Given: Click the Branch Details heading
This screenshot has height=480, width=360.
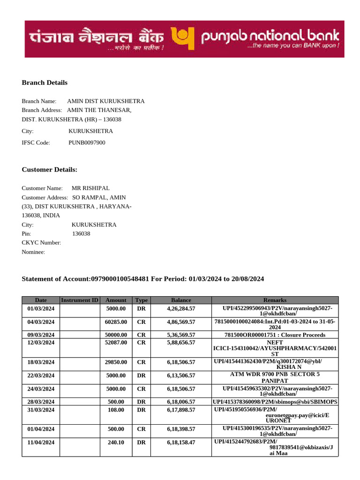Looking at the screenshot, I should coord(45,82).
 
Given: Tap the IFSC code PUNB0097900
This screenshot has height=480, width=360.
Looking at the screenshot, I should coord(87,142).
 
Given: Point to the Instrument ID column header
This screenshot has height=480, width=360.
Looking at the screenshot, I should coord(80,300).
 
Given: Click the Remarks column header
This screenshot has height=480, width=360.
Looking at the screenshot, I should coord(275,300).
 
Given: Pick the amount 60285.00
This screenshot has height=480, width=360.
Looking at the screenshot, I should coord(116,322).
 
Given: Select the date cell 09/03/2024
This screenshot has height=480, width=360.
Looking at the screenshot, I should coord(41,335).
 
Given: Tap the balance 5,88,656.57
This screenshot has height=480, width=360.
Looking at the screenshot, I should coord(181,343).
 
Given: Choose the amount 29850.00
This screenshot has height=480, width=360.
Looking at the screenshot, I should coord(116,362).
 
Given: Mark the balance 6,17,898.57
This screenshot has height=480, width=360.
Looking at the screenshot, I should coord(181,410).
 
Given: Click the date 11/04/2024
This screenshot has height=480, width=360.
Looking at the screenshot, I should coord(41,442).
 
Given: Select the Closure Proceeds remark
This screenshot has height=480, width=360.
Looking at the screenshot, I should coord(275,335).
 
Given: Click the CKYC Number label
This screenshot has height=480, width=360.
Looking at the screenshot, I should coord(41,243).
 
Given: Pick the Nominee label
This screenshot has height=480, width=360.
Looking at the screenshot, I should coord(33,252).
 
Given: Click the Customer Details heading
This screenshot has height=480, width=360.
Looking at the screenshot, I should coord(49,170).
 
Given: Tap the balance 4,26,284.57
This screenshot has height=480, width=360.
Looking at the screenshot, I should coord(181,309).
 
